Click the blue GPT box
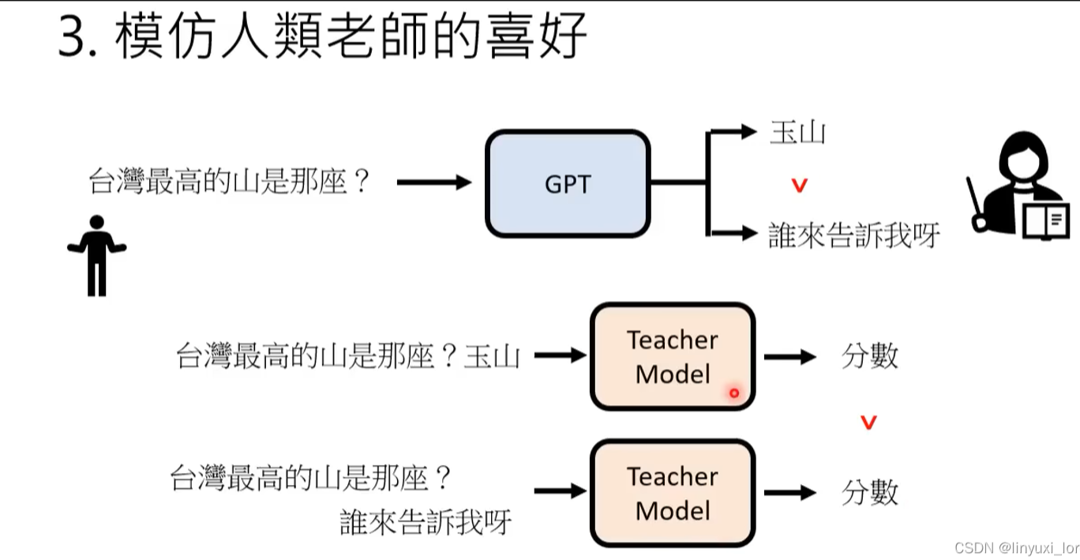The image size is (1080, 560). pos(567,184)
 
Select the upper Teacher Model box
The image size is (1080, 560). pos(673,357)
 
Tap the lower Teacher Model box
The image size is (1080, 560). pos(673,494)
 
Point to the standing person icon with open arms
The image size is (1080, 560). pos(97,255)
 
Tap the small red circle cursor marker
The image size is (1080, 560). pos(734,393)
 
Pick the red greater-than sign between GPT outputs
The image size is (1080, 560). pos(800,186)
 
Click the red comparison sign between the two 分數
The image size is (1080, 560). pos(869,423)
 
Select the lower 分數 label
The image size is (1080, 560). pos(869,493)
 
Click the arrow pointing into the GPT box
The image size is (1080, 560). pos(433,183)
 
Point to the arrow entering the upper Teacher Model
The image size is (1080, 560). pos(560,356)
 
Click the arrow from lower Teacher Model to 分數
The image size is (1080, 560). pos(789,493)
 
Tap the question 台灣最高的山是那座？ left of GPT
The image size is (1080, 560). pos(229,183)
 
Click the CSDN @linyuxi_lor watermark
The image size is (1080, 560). pos(1015,547)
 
